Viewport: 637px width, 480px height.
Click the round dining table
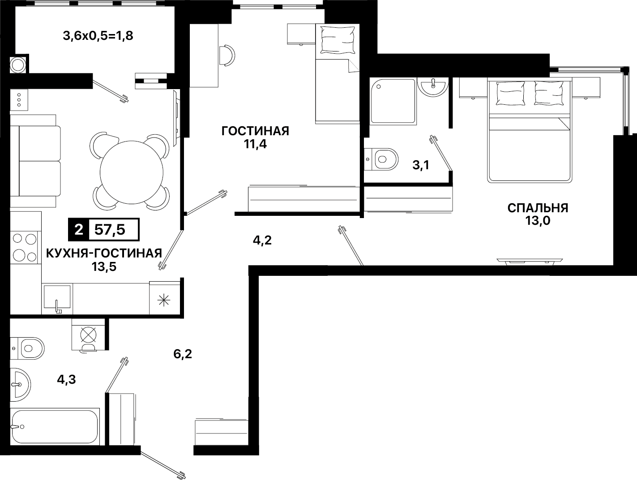[x=132, y=172]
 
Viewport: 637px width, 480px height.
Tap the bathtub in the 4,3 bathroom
[x=55, y=426]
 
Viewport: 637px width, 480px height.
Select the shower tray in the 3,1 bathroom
[x=393, y=101]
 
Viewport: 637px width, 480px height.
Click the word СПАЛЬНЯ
[x=538, y=208]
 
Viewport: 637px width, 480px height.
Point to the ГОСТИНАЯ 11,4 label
[x=255, y=137]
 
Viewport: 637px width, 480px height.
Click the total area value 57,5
[x=110, y=230]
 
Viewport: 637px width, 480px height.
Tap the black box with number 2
[x=79, y=230]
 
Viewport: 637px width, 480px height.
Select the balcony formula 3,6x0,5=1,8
[x=98, y=36]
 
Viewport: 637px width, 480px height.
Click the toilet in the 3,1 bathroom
[x=381, y=159]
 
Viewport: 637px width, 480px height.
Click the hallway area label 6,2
[x=183, y=354]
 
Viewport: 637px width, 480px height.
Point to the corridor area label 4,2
[x=262, y=240]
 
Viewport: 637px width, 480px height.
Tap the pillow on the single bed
[x=338, y=40]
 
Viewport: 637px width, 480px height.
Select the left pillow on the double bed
[x=510, y=93]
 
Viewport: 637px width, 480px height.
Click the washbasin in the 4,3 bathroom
[x=20, y=385]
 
